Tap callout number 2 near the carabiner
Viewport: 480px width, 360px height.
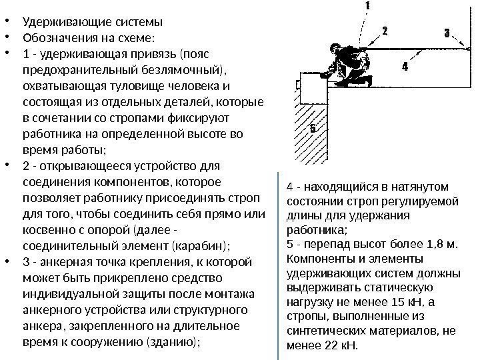(x=385, y=31)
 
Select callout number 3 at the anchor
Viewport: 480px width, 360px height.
(x=447, y=32)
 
